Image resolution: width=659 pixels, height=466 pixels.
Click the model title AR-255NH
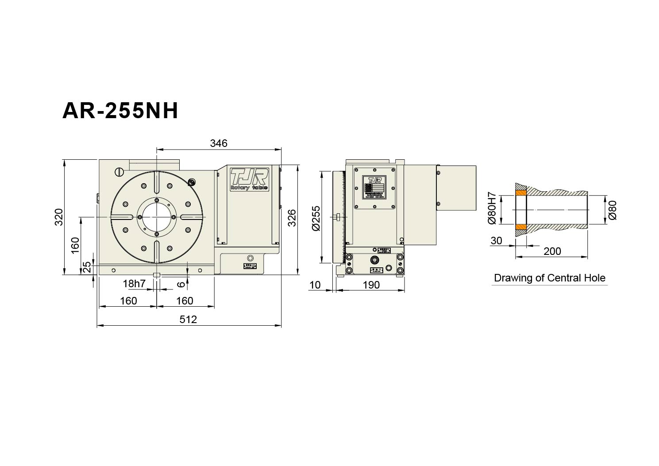point(120,111)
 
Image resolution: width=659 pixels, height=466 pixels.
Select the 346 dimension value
point(219,143)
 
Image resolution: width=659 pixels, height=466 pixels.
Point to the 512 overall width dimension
point(188,319)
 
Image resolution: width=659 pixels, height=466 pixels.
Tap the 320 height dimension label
point(59,217)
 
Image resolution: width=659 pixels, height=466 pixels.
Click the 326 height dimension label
point(292,218)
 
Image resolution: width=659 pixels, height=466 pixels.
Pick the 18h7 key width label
point(134,284)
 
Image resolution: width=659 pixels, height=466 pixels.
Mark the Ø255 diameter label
point(316,218)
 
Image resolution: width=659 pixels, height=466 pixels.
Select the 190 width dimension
point(371,285)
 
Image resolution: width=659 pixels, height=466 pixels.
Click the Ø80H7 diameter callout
point(492,208)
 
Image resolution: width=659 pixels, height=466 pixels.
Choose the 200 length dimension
point(552,251)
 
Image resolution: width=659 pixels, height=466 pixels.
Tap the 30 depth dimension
point(497,240)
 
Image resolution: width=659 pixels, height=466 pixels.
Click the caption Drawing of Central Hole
point(549,278)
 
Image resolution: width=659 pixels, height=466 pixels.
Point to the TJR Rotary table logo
point(249,179)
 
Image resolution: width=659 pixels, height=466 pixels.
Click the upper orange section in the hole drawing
point(520,193)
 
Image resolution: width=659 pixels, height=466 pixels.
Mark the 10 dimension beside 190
point(315,285)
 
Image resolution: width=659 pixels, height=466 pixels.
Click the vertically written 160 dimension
point(75,245)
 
